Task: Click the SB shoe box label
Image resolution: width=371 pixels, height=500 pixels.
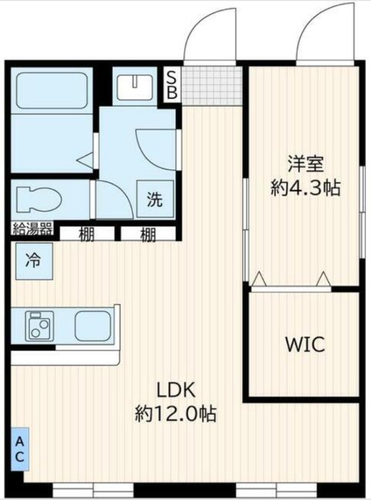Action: click(x=172, y=85)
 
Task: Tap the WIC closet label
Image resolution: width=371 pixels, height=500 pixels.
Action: click(x=305, y=344)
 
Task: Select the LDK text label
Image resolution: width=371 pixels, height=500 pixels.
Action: click(x=176, y=390)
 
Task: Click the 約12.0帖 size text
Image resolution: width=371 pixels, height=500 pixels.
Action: click(x=176, y=413)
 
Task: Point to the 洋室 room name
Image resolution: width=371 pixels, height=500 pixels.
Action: click(x=305, y=164)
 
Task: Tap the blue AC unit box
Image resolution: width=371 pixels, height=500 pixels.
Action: click(x=20, y=449)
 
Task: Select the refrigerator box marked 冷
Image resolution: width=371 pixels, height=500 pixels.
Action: click(x=34, y=261)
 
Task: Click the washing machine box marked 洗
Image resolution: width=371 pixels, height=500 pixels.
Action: click(x=156, y=199)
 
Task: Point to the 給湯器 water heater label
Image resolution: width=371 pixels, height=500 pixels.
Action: click(x=32, y=228)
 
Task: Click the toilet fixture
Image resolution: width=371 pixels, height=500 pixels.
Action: click(x=38, y=199)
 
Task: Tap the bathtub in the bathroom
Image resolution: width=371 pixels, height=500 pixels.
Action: click(x=52, y=91)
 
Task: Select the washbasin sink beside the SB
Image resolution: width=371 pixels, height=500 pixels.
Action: click(x=135, y=86)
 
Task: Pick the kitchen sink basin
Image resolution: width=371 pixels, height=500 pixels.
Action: click(x=92, y=326)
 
